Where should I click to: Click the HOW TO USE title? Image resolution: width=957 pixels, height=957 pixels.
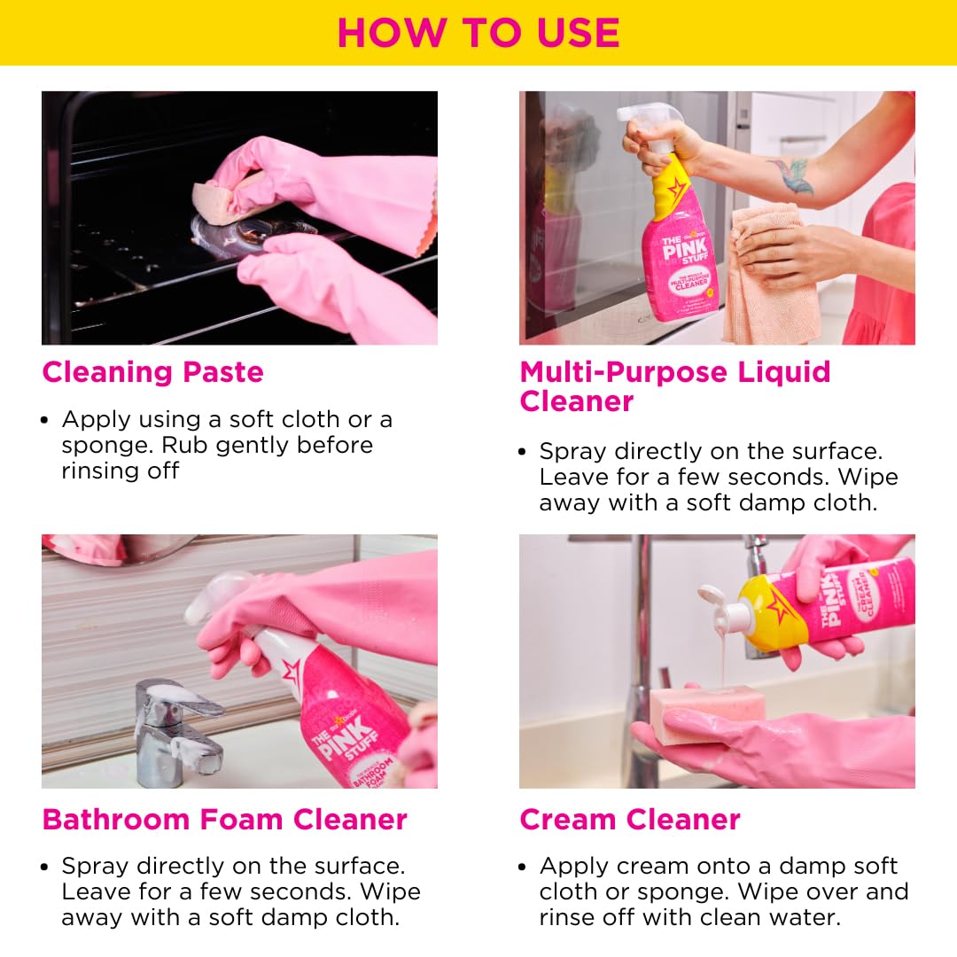(478, 33)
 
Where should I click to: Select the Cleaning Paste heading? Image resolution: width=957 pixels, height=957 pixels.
(152, 371)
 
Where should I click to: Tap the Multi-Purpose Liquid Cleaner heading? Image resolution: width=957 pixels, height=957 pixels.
(675, 386)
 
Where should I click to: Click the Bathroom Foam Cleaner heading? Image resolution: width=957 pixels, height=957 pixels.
(224, 820)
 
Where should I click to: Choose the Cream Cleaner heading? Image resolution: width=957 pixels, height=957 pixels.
(629, 820)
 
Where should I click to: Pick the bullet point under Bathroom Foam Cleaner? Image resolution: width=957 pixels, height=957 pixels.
(44, 867)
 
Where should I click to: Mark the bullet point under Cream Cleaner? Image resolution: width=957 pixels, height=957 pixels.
(523, 867)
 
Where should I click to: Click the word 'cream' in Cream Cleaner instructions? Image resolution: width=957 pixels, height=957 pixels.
(632, 866)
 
